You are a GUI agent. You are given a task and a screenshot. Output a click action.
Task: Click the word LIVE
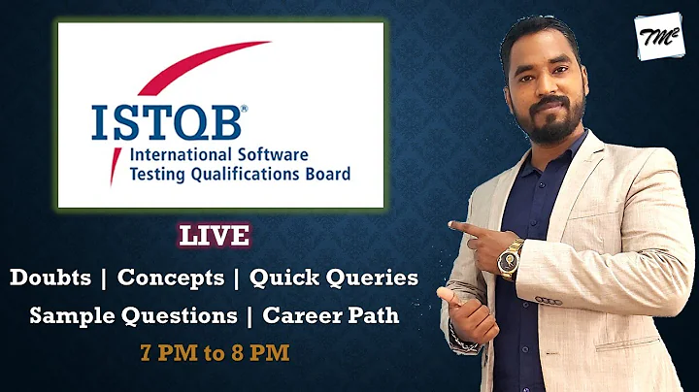[x=214, y=235]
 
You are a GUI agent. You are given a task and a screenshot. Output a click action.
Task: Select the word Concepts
[x=171, y=278]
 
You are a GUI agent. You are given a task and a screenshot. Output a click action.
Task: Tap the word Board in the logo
[x=325, y=175]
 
